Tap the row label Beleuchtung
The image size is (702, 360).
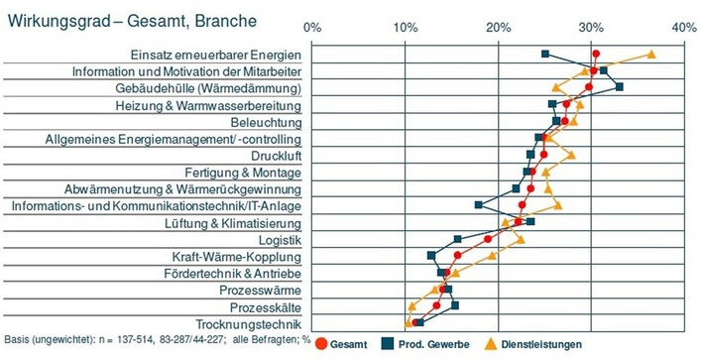click(x=258, y=122)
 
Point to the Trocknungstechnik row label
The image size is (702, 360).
click(x=248, y=324)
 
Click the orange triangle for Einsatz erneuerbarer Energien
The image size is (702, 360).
click(x=650, y=55)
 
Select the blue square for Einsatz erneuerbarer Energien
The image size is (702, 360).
click(x=545, y=54)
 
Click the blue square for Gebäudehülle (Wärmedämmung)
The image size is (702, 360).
click(x=620, y=87)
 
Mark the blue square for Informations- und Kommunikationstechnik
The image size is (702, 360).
click(x=479, y=205)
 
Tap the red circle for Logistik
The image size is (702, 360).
click(x=487, y=239)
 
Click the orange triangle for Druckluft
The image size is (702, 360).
click(x=571, y=156)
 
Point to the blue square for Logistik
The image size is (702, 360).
click(x=457, y=239)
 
